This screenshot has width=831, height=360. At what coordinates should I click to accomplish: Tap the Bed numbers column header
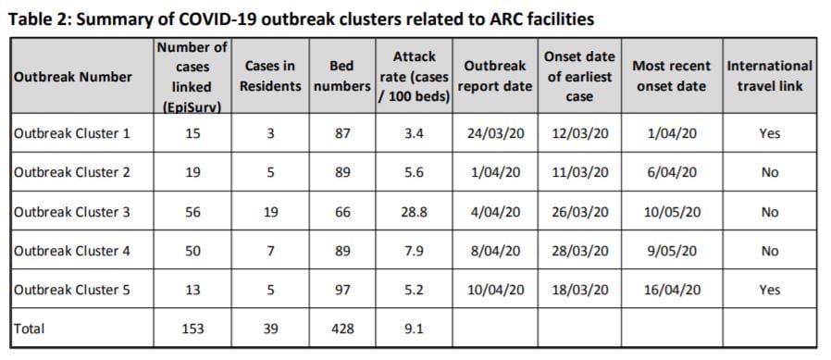341,77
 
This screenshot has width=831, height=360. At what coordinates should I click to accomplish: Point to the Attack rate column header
414,77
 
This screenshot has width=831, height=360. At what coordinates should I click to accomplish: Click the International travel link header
769,76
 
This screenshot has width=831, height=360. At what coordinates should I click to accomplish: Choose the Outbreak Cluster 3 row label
72,212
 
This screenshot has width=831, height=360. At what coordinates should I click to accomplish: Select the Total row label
31,328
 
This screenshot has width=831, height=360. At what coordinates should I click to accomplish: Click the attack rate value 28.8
415,212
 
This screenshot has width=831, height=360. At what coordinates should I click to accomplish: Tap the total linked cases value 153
193,328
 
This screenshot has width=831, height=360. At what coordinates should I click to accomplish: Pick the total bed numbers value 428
341,328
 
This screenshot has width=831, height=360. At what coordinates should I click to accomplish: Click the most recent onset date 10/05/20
671,212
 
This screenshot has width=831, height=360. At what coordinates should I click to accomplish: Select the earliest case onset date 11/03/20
580,172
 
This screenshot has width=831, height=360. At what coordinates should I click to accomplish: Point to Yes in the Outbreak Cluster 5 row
769,290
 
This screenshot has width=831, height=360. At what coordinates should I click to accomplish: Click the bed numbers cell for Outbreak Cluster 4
341,251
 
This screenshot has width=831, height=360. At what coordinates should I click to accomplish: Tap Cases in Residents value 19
270,212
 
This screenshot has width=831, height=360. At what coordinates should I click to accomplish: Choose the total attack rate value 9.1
415,328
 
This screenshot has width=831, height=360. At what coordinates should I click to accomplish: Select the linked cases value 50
193,251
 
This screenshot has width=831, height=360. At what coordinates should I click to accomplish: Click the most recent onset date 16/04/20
671,290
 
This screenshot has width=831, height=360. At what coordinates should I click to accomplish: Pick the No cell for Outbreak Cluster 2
769,172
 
